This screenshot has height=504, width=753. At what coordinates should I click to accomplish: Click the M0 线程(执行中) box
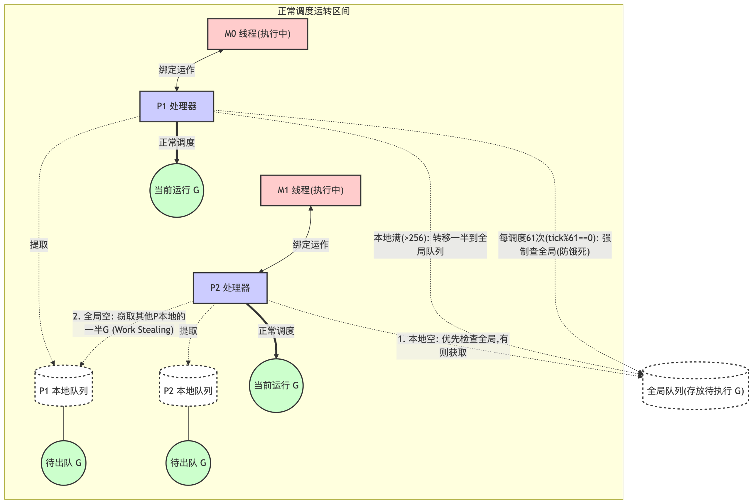(x=258, y=34)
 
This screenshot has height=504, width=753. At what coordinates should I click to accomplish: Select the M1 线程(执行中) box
(x=311, y=190)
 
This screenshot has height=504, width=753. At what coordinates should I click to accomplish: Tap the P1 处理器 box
(x=176, y=106)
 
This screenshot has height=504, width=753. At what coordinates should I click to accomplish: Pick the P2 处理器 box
(x=230, y=288)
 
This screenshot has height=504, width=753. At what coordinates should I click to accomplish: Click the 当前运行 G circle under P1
(x=176, y=190)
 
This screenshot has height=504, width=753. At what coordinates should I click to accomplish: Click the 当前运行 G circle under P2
(x=276, y=385)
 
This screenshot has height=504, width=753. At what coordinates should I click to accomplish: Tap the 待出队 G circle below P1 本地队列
(x=64, y=463)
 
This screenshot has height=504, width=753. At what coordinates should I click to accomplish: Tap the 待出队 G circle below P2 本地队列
(x=188, y=463)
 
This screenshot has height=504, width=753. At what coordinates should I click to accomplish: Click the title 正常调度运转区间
(x=314, y=11)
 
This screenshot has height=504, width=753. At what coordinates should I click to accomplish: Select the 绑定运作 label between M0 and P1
(x=176, y=70)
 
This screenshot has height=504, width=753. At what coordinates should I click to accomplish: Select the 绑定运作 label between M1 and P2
(x=311, y=245)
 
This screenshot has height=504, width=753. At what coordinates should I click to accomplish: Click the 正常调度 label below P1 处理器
(x=176, y=142)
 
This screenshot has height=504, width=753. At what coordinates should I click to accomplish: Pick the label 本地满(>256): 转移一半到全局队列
(x=430, y=245)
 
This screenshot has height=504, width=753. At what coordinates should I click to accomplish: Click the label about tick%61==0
(x=555, y=245)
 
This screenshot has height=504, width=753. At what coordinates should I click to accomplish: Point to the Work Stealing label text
(x=129, y=323)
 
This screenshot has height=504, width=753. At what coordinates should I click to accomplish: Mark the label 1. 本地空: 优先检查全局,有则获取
(x=453, y=346)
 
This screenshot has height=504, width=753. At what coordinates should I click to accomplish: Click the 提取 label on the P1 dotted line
(x=39, y=245)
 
